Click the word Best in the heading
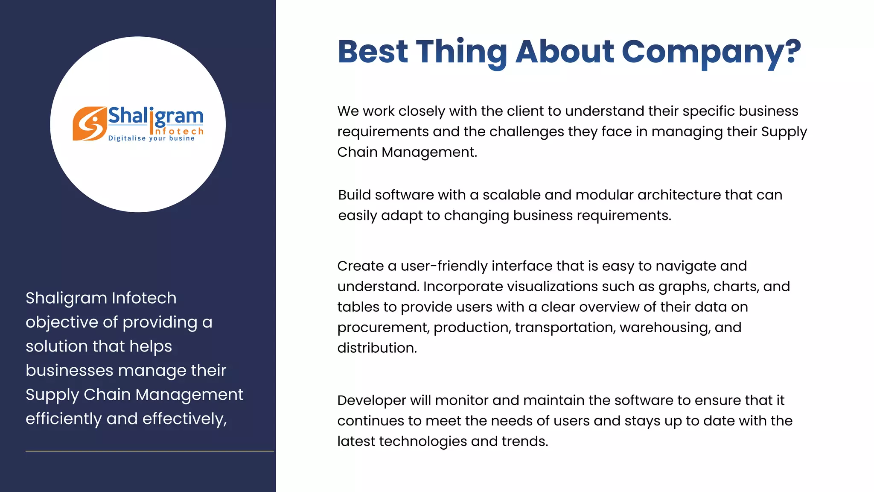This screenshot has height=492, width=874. coord(373,52)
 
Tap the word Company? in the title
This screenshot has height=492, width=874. coord(711,52)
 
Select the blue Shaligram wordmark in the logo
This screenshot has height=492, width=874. coord(155,116)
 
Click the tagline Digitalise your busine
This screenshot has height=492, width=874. coord(151,138)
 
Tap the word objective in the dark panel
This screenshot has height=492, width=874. coord(69,322)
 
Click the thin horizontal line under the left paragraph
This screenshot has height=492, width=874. coord(149,451)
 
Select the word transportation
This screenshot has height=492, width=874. coord(565,328)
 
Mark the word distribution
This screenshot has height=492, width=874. coord(377,348)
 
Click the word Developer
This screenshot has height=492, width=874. coord(371,401)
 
